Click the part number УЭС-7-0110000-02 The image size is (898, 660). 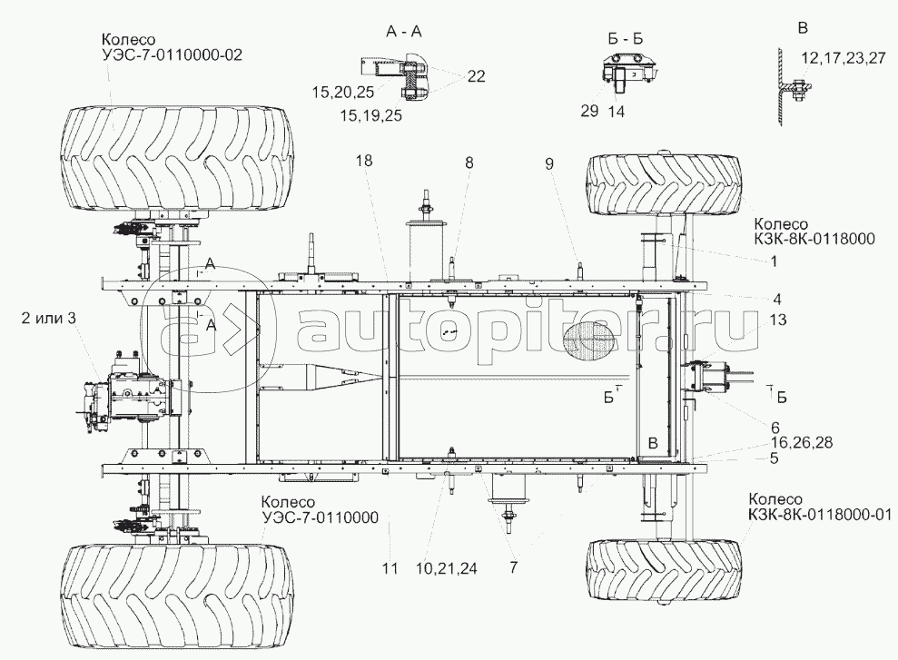pos(172,55)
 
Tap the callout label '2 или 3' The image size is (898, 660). pos(49,319)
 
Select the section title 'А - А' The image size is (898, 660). pos(403,32)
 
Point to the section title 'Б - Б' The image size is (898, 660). pos(625,39)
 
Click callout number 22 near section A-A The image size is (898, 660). pos(476,76)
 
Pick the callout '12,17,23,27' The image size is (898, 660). pos(843,58)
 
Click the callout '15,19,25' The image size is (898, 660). pos(371,115)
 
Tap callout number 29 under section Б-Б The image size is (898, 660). pos(588,111)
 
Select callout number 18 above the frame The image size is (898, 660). pos(364,161)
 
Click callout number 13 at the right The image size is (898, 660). pos(778,320)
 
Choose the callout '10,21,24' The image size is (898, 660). pos(447,568)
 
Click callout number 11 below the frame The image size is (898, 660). pos(390,568)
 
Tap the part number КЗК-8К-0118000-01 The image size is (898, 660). pos(819,515)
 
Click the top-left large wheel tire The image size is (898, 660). pos(178,157)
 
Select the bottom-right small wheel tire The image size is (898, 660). pos(663,569)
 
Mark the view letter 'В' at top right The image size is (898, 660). pos(804,29)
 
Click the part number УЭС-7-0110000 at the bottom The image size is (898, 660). pos(320,517)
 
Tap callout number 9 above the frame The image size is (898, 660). pos(549,164)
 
